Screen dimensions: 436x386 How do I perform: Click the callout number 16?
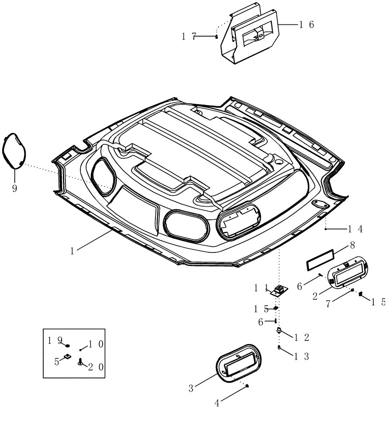(x=306, y=25)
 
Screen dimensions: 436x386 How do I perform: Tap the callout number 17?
(x=189, y=37)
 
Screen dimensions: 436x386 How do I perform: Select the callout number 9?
(x=14, y=189)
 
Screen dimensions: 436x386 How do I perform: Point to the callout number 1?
(x=73, y=251)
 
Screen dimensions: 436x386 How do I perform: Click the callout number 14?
(x=355, y=228)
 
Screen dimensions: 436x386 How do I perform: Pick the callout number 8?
(x=352, y=245)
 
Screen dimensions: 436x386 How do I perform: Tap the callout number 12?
(x=301, y=337)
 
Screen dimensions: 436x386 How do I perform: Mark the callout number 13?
(x=301, y=356)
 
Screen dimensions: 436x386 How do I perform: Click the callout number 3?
(x=190, y=388)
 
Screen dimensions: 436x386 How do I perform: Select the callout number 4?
(x=217, y=403)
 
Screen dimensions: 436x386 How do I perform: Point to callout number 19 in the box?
(x=55, y=340)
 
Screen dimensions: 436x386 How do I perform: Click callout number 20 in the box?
(x=96, y=367)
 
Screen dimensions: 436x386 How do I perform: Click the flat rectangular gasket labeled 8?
(x=320, y=260)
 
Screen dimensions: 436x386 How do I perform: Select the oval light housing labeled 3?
(x=239, y=365)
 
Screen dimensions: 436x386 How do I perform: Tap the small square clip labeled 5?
(x=68, y=357)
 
